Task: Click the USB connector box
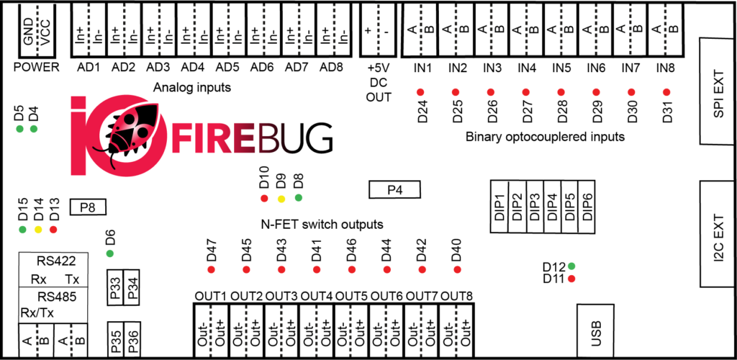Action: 595,331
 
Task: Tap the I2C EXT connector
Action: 718,233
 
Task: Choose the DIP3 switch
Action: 535,206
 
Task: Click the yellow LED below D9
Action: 281,198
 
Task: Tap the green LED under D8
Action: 298,197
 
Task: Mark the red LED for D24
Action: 420,91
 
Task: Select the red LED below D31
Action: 666,91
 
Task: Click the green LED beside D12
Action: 571,266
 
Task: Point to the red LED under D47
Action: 211,269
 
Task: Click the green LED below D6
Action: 110,253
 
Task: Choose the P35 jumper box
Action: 115,339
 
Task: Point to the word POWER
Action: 37,68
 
